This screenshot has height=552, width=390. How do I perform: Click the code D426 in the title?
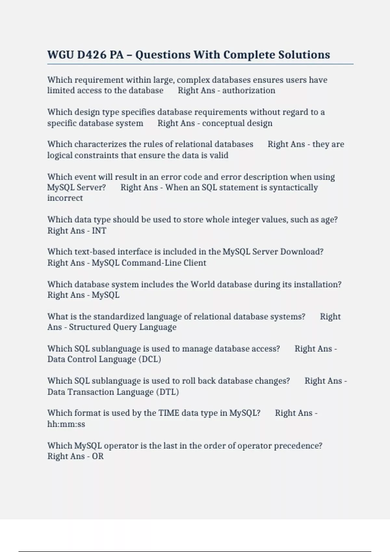point(91,55)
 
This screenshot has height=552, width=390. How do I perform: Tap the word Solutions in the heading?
point(304,55)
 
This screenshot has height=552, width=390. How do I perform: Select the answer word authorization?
point(249,90)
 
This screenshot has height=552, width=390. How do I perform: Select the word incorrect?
point(65,198)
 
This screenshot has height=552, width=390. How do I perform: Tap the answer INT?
point(99,231)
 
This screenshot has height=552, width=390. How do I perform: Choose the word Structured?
point(89,327)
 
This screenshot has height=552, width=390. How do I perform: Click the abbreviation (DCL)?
point(149,359)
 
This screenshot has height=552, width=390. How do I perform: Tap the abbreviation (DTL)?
point(167,392)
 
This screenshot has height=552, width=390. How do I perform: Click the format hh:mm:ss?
point(66,424)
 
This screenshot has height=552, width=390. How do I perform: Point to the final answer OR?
point(97,456)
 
